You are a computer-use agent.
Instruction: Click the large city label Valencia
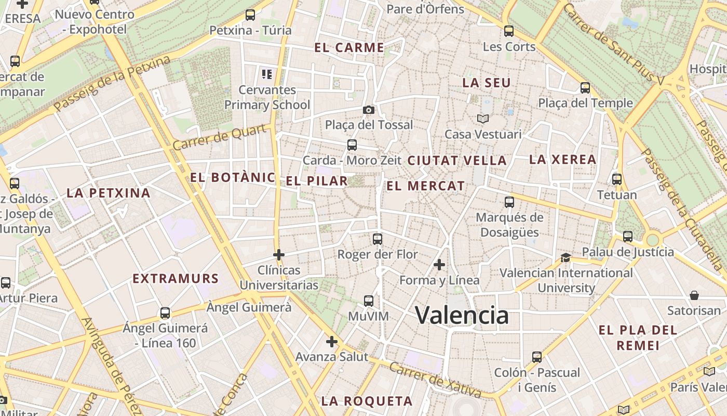(462, 315)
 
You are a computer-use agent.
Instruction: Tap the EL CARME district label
(349, 48)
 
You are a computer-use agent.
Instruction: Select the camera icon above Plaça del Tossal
(369, 110)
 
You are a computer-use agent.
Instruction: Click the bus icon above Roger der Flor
(378, 239)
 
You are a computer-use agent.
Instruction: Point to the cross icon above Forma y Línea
(439, 265)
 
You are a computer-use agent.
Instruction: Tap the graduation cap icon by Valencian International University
(566, 257)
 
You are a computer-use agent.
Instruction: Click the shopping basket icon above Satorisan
(694, 295)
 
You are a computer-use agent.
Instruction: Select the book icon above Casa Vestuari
(483, 119)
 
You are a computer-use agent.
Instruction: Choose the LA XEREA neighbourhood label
(562, 160)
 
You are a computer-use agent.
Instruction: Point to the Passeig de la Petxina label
(112, 84)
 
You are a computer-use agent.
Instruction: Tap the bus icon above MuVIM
(369, 301)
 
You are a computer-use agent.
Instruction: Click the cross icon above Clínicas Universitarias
(279, 255)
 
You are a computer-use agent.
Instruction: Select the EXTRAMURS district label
(176, 279)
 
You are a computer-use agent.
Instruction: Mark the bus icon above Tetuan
(617, 179)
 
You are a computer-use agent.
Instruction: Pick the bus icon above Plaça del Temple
(585, 87)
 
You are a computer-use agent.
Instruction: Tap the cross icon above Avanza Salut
(332, 342)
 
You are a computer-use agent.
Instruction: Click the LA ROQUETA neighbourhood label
(367, 401)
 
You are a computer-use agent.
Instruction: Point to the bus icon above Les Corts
(509, 31)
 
